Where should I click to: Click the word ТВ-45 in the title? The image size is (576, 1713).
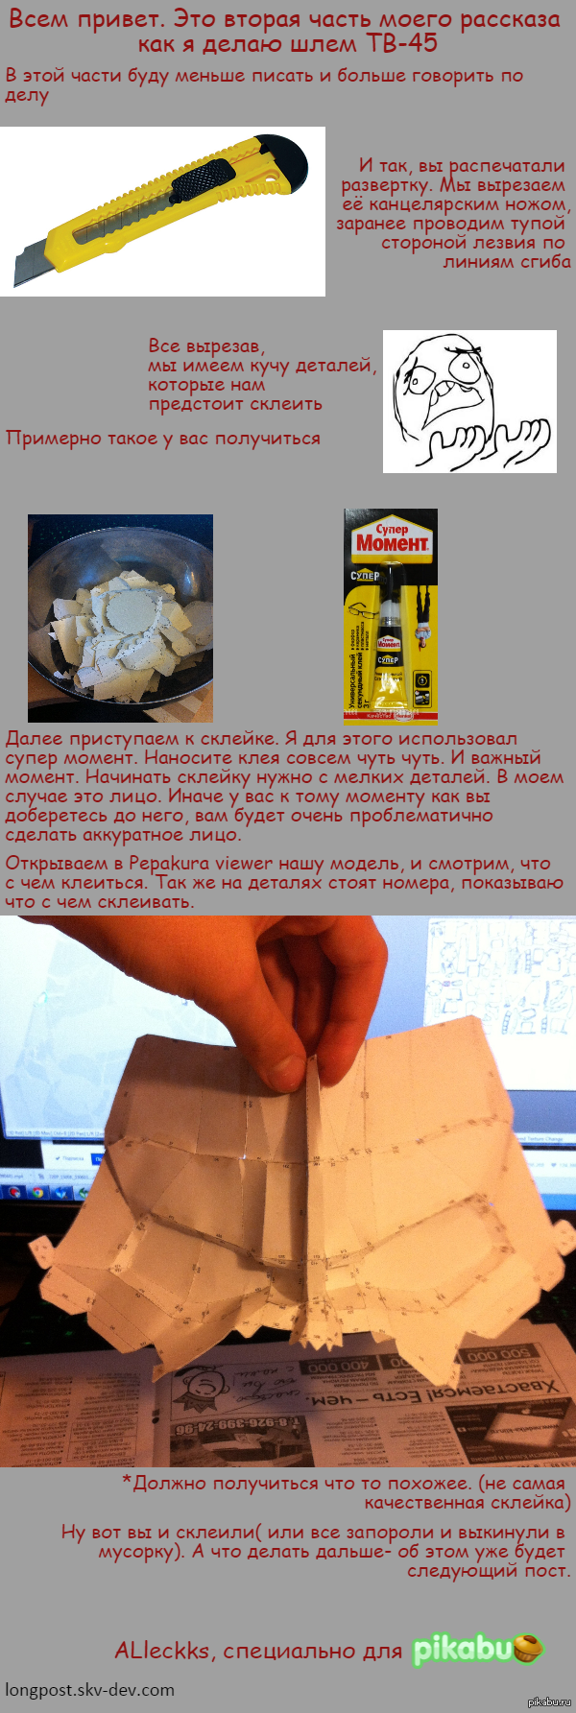(x=401, y=43)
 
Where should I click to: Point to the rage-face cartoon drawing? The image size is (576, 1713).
(x=469, y=401)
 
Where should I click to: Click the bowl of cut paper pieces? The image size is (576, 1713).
(x=120, y=618)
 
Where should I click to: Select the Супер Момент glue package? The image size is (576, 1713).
(x=391, y=615)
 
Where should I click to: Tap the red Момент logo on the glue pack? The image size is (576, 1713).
(x=392, y=542)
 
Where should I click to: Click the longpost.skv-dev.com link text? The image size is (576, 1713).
(x=90, y=1690)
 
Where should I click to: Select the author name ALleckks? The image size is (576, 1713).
(x=162, y=1651)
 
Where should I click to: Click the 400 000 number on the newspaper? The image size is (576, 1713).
(x=336, y=1366)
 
